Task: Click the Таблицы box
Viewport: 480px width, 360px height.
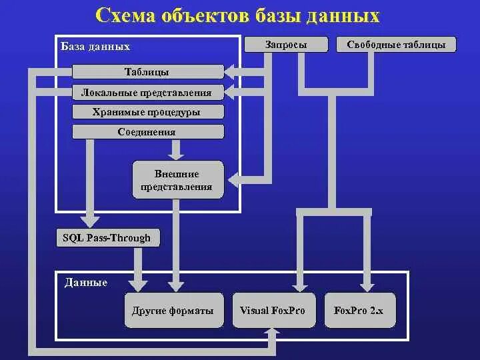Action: coord(147,72)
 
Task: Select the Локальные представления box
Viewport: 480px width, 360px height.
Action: coord(147,93)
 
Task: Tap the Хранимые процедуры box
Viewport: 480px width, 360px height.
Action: coord(147,112)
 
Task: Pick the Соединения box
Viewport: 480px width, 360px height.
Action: coord(147,131)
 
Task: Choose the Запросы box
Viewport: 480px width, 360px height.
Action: coord(286,45)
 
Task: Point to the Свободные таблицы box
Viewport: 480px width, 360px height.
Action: coord(401,45)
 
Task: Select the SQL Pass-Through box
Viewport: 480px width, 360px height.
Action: coord(107,238)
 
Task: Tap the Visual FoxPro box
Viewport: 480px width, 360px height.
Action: coord(272,311)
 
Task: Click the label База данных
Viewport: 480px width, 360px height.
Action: coord(95,47)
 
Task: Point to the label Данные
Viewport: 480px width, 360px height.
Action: coord(86,283)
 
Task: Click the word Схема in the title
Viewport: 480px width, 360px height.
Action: coord(127,16)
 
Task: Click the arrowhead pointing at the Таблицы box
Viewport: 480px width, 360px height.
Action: coord(231,69)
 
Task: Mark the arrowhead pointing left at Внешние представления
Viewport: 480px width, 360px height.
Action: coord(235,179)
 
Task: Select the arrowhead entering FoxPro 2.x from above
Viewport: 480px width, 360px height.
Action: coord(366,285)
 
